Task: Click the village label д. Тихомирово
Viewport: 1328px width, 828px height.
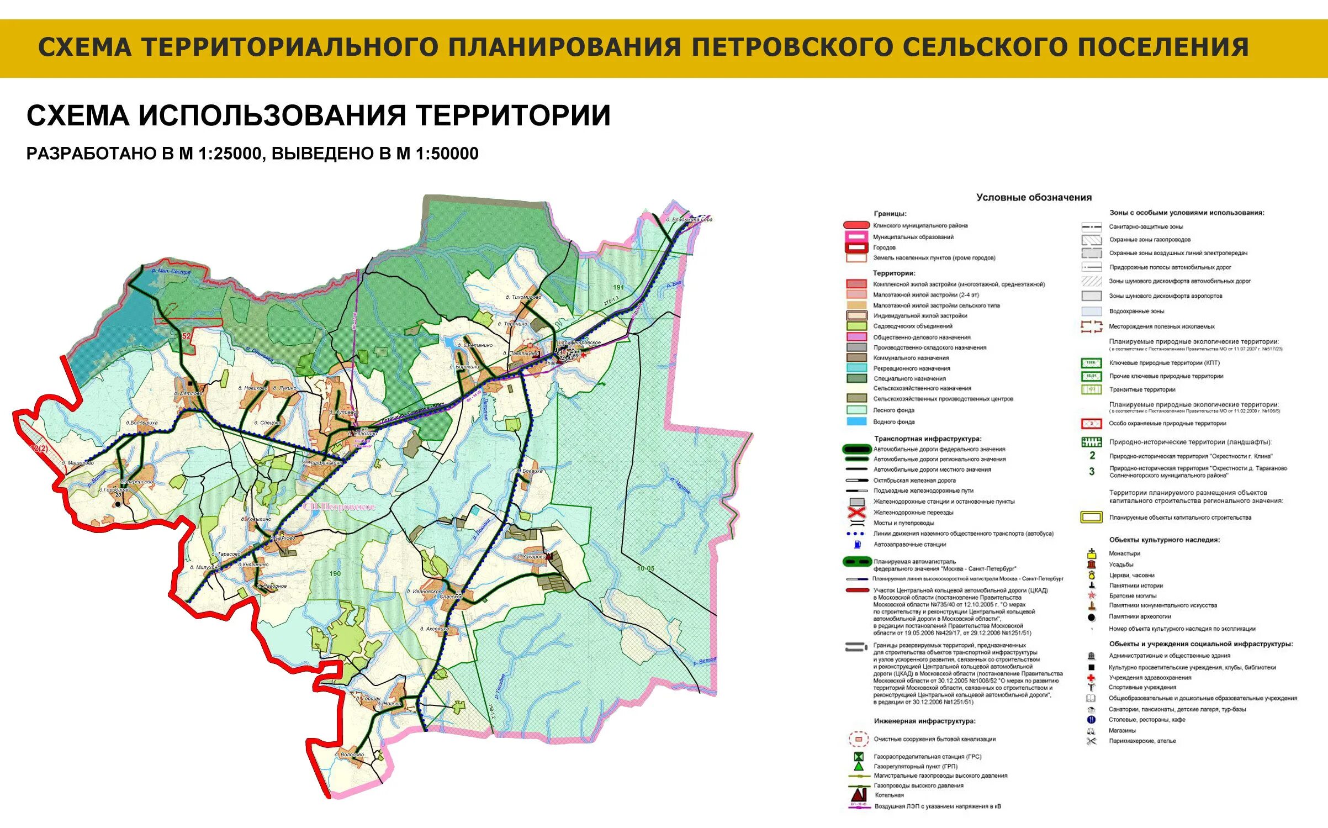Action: [523, 297]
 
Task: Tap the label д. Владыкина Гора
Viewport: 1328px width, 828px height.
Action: [689, 219]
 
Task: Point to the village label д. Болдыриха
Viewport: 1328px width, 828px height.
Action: [141, 423]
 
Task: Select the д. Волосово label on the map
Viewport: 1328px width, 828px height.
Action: [349, 755]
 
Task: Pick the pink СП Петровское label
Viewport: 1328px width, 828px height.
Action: [338, 507]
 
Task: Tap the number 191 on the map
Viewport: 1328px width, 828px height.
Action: [618, 287]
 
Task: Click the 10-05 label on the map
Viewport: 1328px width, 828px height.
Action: [646, 568]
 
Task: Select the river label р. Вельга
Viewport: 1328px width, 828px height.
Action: [705, 661]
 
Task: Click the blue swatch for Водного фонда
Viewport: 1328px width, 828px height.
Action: [856, 421]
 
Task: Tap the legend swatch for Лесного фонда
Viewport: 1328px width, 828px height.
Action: [856, 410]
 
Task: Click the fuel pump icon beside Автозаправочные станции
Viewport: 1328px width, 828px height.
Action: [858, 545]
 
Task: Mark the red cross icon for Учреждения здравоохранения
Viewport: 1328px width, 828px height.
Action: [1091, 678]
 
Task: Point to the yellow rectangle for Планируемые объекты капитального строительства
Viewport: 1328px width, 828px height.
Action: [1091, 518]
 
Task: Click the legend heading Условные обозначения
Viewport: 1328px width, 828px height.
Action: [1034, 197]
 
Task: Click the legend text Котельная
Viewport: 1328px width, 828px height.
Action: [889, 795]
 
